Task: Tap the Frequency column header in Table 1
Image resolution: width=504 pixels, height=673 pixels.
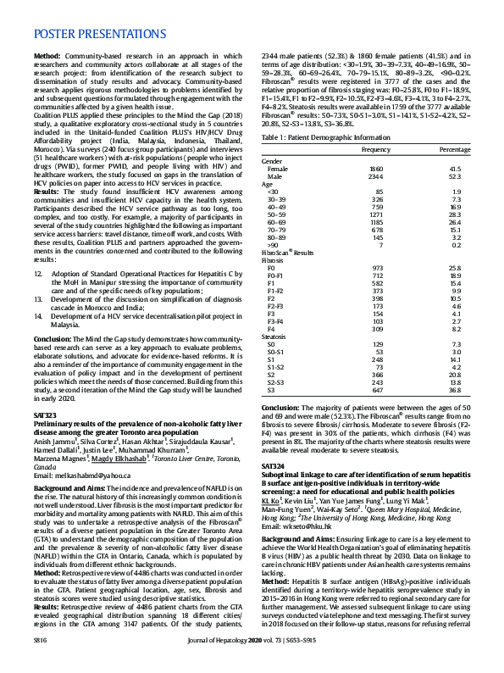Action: pyautogui.click(x=375, y=149)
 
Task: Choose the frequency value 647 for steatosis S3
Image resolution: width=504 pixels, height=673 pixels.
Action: pyautogui.click(x=378, y=391)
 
